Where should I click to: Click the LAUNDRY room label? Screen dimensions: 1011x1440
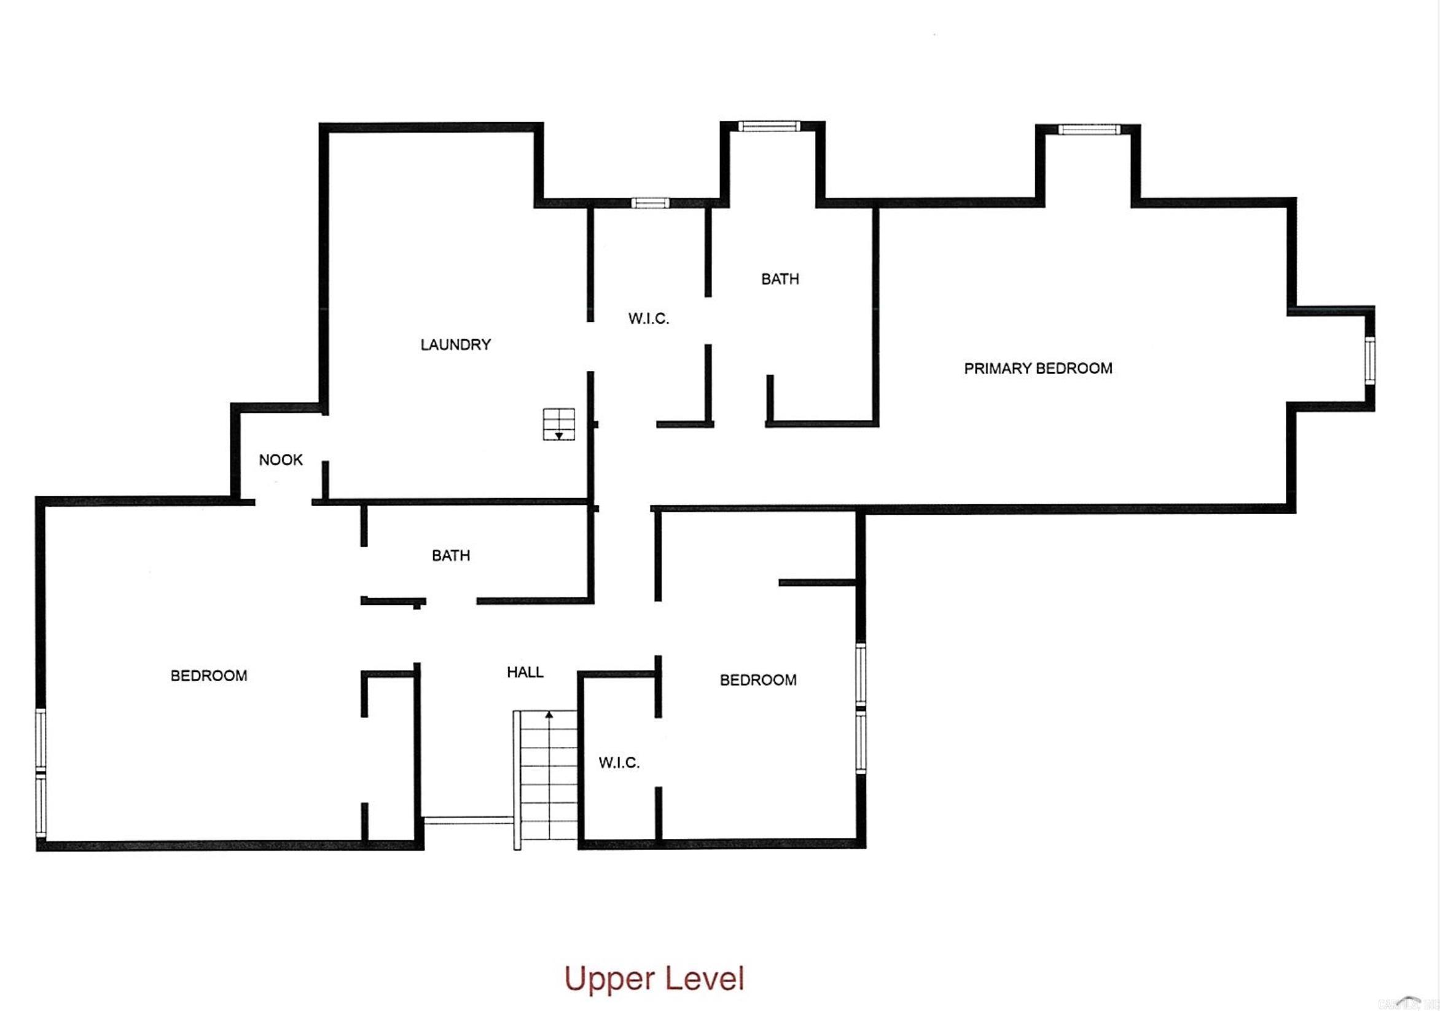point(455,345)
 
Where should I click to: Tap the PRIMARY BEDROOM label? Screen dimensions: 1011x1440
point(1038,368)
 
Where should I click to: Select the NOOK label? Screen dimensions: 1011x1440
point(280,459)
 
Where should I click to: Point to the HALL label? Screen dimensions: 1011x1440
point(525,673)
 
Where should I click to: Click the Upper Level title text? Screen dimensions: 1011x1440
point(654,979)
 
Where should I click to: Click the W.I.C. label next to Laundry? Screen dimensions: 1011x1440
point(649,319)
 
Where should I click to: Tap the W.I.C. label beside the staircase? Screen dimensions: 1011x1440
point(619,763)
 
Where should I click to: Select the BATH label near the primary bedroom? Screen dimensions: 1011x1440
point(780,279)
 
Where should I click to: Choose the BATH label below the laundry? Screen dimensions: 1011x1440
point(451,556)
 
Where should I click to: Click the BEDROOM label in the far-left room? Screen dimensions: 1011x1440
point(209,676)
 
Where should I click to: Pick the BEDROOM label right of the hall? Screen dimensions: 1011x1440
point(757,680)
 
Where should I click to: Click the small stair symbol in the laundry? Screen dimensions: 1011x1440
point(559,424)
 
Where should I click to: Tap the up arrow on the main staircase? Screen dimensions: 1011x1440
point(549,714)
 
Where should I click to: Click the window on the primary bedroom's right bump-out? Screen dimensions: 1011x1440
point(1370,361)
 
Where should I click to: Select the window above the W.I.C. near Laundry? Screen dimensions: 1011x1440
point(651,203)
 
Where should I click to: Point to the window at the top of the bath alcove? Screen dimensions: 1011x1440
point(769,127)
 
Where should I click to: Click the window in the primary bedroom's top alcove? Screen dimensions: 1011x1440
point(1089,130)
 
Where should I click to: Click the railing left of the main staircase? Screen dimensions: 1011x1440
point(468,820)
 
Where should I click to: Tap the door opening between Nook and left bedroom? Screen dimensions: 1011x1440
point(283,502)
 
